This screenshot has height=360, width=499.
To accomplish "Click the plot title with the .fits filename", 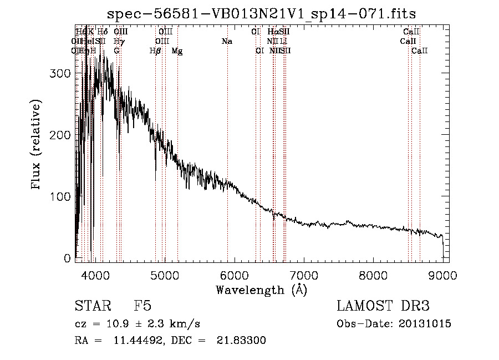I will pyautogui.click(x=261, y=13).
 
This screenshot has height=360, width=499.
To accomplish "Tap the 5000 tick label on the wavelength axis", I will pyautogui.click(x=165, y=275).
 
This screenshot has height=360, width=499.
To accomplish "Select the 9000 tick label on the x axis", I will pyautogui.click(x=442, y=275).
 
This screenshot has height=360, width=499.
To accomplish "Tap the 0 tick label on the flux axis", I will pyautogui.click(x=68, y=258).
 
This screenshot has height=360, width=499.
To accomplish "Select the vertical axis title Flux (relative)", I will pyautogui.click(x=37, y=145).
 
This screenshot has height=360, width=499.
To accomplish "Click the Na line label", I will pyautogui.click(x=227, y=41).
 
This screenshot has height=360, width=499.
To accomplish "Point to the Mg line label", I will pyautogui.click(x=177, y=51).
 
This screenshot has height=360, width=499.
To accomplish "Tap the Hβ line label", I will pyautogui.click(x=155, y=51).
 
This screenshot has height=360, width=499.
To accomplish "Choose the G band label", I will pyautogui.click(x=116, y=51).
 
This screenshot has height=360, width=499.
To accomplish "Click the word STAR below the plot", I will pyautogui.click(x=90, y=306).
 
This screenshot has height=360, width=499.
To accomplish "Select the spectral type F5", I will pyautogui.click(x=143, y=306).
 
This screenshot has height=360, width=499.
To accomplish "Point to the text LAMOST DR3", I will pyautogui.click(x=383, y=306).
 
